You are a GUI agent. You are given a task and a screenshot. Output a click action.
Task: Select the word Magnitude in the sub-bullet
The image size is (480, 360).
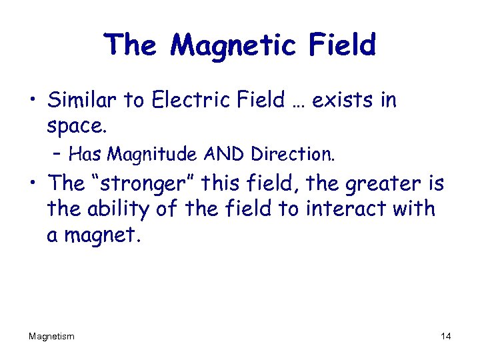[x=146, y=155]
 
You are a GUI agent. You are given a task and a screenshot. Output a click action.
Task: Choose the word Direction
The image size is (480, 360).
[x=293, y=154]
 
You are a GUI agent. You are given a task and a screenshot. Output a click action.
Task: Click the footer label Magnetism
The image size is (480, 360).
[x=51, y=337]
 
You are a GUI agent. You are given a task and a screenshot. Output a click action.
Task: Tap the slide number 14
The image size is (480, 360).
[x=445, y=337]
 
